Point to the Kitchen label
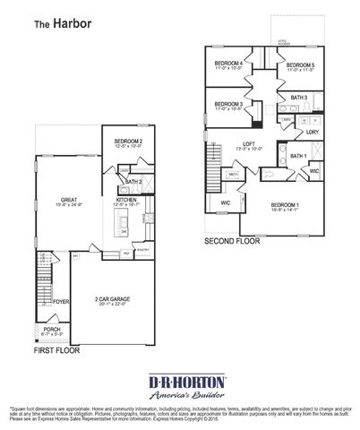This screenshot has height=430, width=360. [127, 201]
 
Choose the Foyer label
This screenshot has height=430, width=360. [61, 302]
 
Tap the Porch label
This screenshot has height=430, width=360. [52, 330]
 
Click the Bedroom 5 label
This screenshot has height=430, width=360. [299, 65]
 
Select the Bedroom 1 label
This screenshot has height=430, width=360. [286, 205]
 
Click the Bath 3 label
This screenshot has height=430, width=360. [299, 97]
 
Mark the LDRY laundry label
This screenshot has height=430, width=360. [313, 132]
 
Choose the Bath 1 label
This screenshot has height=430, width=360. [298, 156]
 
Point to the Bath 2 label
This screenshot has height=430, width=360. [135, 182]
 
